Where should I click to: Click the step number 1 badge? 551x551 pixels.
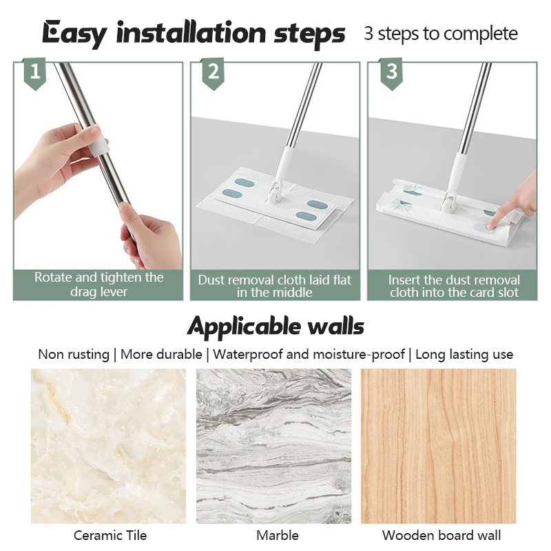tap(35, 73)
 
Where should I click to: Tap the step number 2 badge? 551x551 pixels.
tap(213, 73)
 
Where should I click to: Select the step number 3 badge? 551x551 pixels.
tap(391, 73)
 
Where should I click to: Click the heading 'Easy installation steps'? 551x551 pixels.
tap(194, 34)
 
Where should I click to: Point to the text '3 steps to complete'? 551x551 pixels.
tap(441, 34)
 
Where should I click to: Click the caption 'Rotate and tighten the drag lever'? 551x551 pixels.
tap(98, 284)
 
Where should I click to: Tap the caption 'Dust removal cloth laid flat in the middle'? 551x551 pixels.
tap(274, 286)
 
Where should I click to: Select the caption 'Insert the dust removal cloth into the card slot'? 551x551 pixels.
tap(454, 286)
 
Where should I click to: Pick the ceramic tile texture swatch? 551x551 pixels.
tap(108, 446)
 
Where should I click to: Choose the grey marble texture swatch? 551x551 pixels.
tap(273, 446)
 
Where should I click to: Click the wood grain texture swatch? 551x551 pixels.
tap(439, 446)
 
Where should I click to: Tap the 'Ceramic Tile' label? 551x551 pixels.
tap(110, 536)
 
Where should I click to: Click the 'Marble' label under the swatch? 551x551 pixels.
tap(278, 536)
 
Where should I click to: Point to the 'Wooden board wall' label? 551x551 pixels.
tap(441, 536)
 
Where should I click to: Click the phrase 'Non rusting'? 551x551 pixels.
tap(74, 354)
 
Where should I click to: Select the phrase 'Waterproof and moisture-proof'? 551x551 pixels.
tap(309, 354)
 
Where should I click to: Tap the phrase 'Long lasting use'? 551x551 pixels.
tap(464, 354)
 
